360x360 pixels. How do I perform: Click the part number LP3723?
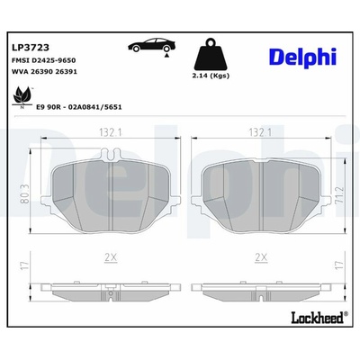coord(30,48)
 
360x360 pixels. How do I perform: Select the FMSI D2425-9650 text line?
coord(43,60)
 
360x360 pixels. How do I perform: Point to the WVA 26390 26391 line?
coord(44,72)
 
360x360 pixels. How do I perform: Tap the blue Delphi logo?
coord(303,57)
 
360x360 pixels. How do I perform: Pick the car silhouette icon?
coord(152,45)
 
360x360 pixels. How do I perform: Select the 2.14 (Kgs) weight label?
coord(211,76)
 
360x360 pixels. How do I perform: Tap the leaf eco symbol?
coord(22,96)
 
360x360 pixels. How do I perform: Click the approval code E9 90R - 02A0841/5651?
coord(79,107)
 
